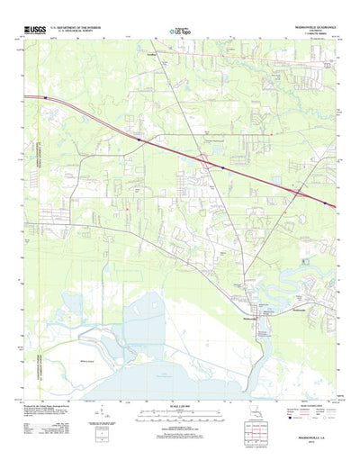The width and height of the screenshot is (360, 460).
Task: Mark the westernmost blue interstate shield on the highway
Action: point(138,140)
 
